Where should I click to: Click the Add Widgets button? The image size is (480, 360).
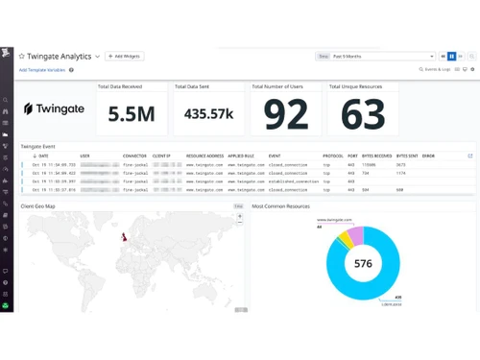pyautogui.click(x=125, y=57)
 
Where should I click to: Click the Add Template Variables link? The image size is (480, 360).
pyautogui.click(x=42, y=70)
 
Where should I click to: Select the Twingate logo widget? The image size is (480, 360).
pyautogui.click(x=54, y=109)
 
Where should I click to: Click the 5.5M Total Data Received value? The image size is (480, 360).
pyautogui.click(x=131, y=114)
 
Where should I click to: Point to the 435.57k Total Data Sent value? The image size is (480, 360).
pyautogui.click(x=208, y=114)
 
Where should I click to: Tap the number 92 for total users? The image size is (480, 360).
pyautogui.click(x=285, y=114)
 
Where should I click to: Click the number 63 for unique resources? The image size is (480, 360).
pyautogui.click(x=363, y=114)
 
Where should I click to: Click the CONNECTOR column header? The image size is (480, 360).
pyautogui.click(x=134, y=156)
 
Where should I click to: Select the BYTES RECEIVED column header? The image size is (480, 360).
pyautogui.click(x=375, y=156)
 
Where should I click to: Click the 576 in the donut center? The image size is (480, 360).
pyautogui.click(x=363, y=264)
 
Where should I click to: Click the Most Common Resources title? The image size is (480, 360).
pyautogui.click(x=280, y=206)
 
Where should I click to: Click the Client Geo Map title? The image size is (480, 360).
pyautogui.click(x=38, y=206)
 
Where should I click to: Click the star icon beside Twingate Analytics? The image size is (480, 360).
pyautogui.click(x=22, y=57)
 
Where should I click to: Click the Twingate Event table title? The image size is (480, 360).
pyautogui.click(x=38, y=146)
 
